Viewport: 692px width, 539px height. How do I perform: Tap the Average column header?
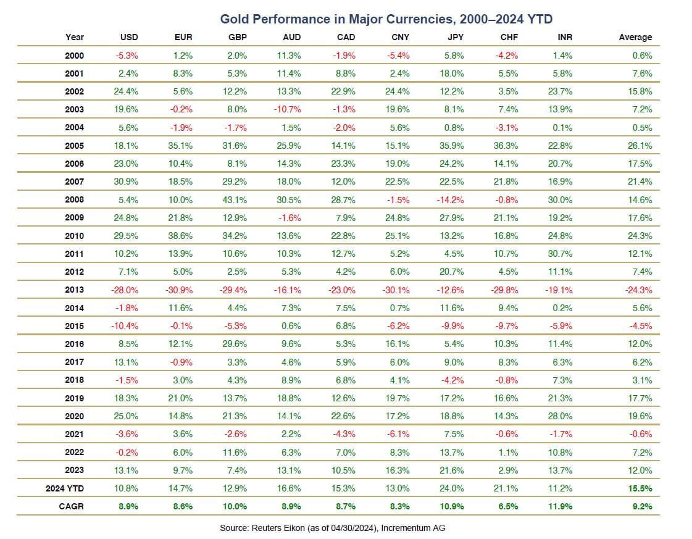pos(635,37)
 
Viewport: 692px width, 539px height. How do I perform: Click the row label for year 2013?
pos(74,290)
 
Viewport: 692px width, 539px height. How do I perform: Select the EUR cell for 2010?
pos(182,236)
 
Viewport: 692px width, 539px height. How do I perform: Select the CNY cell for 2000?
pos(399,56)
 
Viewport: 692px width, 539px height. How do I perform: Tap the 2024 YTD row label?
pos(65,488)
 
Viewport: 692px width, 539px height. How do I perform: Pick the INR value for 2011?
pos(562,254)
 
